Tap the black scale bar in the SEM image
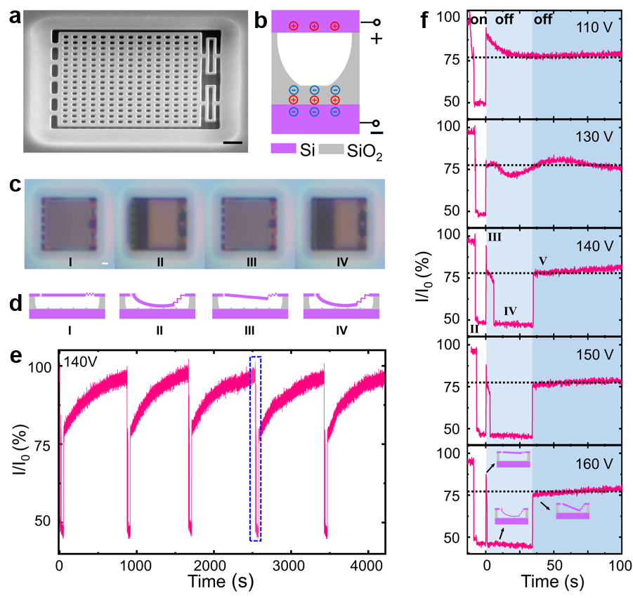click(235, 143)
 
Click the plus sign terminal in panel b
click(376, 39)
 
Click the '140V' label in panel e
click(78, 363)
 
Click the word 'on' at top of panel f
click(478, 20)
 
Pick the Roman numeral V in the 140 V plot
click(542, 261)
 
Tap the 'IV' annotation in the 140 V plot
click(511, 310)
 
